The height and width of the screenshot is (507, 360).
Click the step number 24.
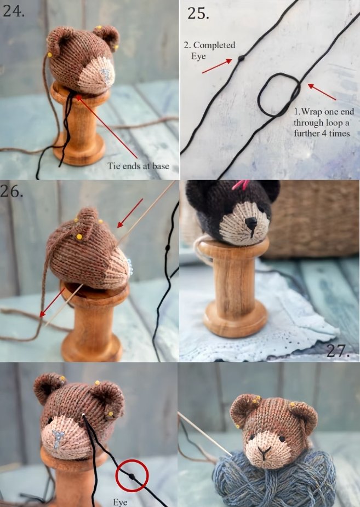(x=14, y=11)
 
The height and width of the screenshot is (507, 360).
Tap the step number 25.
(x=198, y=14)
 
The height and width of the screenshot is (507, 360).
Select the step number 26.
(x=12, y=191)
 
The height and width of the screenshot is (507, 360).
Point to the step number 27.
(x=338, y=351)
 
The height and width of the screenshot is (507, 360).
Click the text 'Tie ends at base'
(x=139, y=166)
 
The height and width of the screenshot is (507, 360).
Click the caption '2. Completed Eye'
(x=210, y=50)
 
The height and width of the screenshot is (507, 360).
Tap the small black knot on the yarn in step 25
(x=241, y=58)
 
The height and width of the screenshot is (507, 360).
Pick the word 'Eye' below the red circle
(x=119, y=502)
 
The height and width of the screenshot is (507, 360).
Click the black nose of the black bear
(x=250, y=223)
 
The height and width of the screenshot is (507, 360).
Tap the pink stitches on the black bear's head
(x=241, y=185)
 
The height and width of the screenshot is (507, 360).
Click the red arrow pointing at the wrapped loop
(x=322, y=92)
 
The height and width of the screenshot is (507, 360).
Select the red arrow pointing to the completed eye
(x=217, y=66)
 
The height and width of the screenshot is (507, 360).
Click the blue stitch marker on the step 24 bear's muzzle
(x=106, y=76)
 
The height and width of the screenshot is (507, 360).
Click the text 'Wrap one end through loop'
(x=324, y=117)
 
